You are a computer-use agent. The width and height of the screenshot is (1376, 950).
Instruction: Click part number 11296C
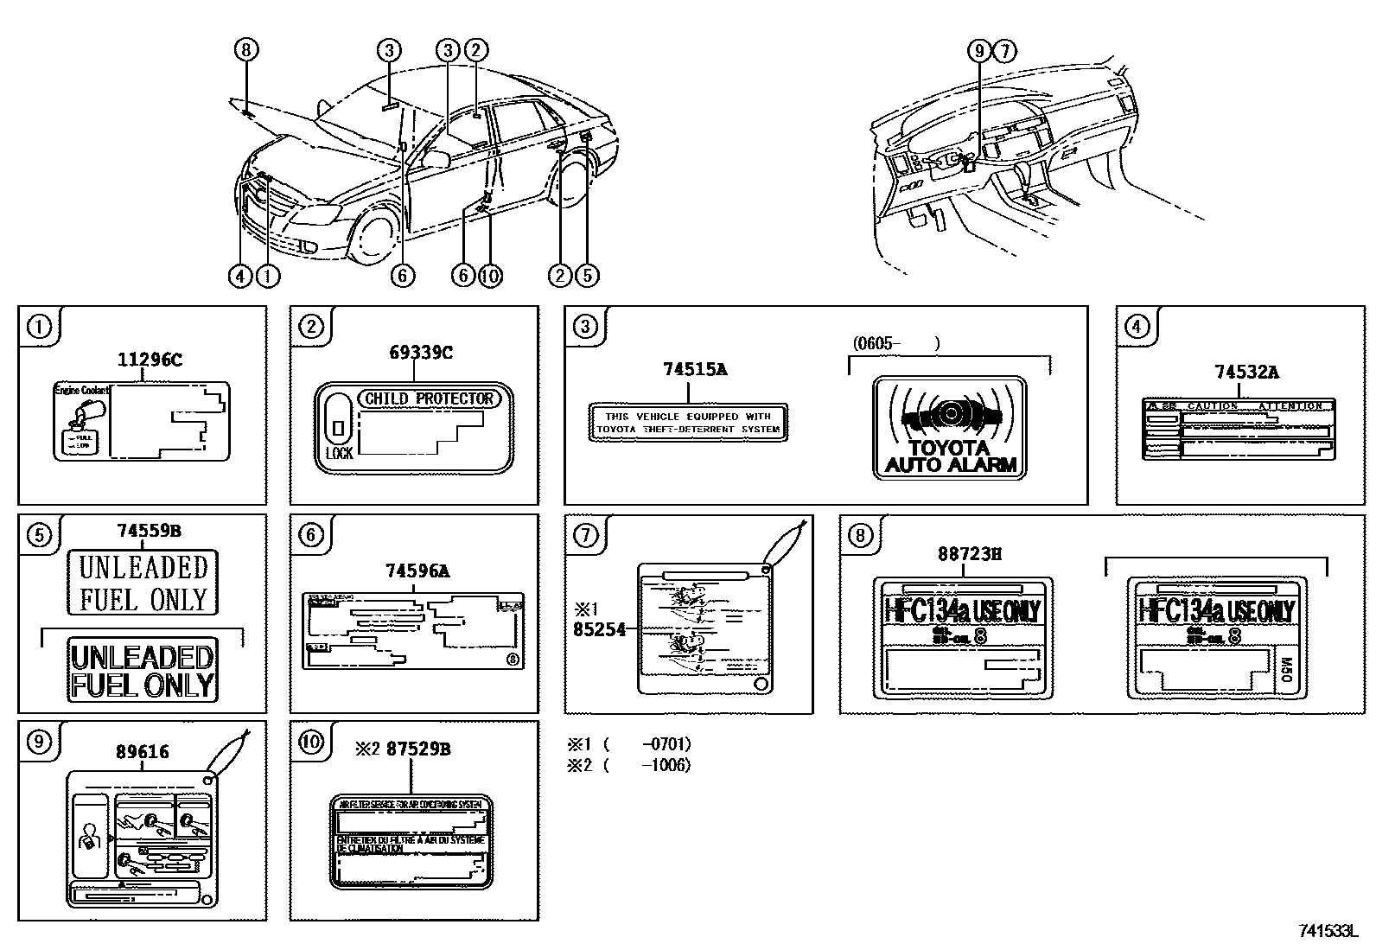[150, 360]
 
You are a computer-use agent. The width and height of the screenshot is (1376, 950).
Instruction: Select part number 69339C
[421, 352]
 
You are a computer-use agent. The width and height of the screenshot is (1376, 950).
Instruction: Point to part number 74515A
[695, 369]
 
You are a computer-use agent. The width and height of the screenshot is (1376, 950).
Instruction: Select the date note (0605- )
[895, 343]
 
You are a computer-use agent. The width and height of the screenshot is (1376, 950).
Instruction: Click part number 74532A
[1246, 373]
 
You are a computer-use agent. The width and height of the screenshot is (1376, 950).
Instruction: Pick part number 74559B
[149, 532]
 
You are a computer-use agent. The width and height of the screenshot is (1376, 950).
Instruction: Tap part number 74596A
[417, 571]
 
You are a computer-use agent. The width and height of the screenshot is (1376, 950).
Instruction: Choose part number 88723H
[970, 554]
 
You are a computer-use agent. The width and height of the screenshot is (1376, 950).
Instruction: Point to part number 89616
[142, 752]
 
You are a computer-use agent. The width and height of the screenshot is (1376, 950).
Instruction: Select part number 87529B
[418, 749]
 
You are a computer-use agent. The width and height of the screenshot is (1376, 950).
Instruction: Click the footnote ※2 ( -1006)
[628, 765]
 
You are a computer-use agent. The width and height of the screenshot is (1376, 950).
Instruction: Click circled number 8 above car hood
[246, 50]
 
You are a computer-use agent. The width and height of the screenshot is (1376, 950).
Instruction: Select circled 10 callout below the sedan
[489, 276]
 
